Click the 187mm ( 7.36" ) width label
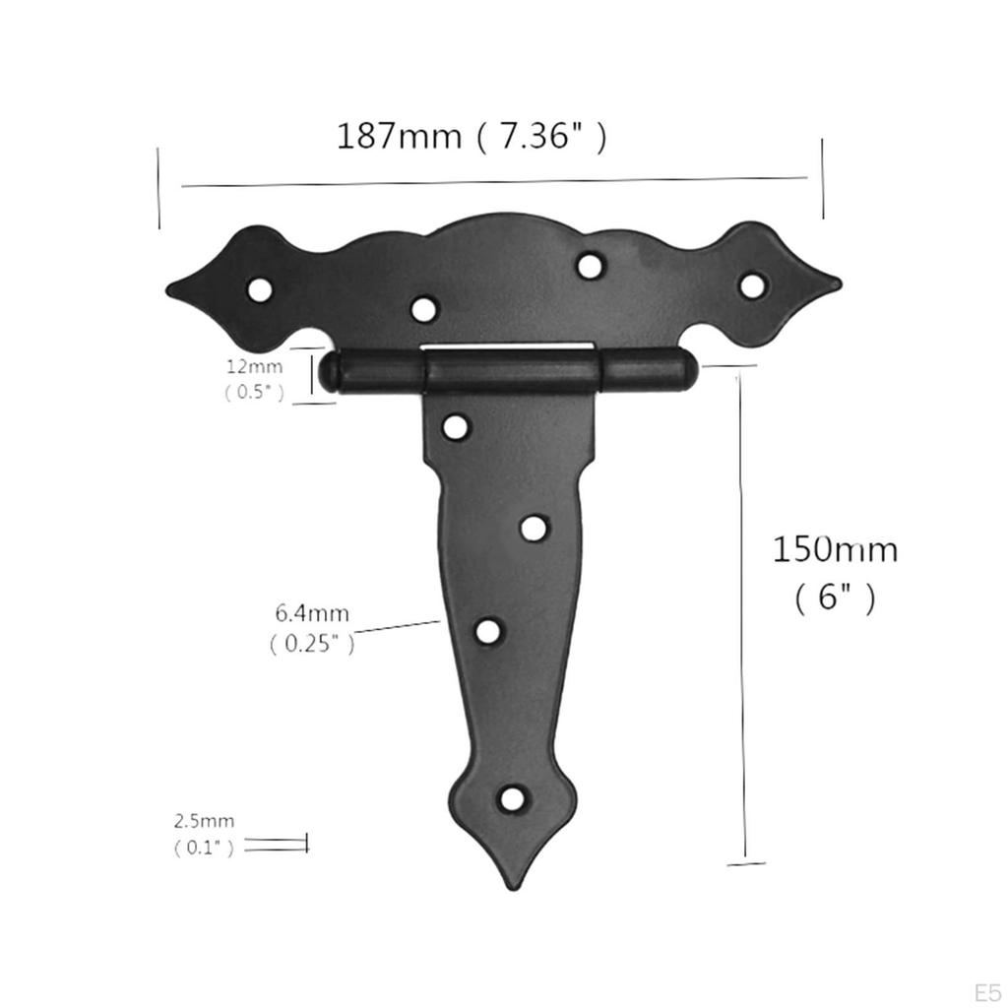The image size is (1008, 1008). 472,136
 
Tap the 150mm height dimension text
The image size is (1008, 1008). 834,549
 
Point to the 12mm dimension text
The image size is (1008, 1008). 254,366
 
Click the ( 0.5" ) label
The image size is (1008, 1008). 254,392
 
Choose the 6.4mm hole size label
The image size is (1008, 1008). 312,614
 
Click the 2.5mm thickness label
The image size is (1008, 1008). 205,820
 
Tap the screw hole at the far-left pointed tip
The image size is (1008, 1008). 260,289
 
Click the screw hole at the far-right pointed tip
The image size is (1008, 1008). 751,285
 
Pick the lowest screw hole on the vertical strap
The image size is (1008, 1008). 512,798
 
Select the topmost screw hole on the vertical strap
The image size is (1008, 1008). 456,426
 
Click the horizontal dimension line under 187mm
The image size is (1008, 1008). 492,181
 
